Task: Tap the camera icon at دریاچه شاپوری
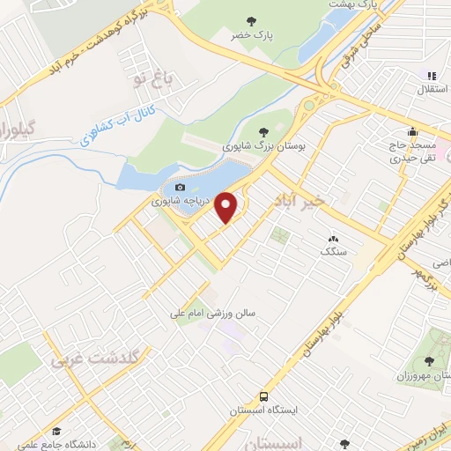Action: (180, 188)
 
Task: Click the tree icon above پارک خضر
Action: (253, 20)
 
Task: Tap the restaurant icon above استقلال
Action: (431, 76)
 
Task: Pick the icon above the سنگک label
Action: (333, 238)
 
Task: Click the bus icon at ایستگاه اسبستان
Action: (264, 396)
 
